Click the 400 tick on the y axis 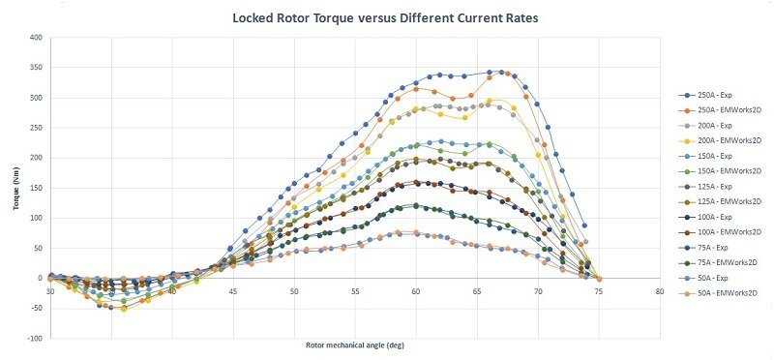(x=36, y=38)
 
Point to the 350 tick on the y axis (x=36, y=68)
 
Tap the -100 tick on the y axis (x=35, y=339)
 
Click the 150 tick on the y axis (x=36, y=188)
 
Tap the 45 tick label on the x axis (x=232, y=290)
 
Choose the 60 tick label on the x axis (x=415, y=290)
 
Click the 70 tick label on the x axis (x=537, y=290)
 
